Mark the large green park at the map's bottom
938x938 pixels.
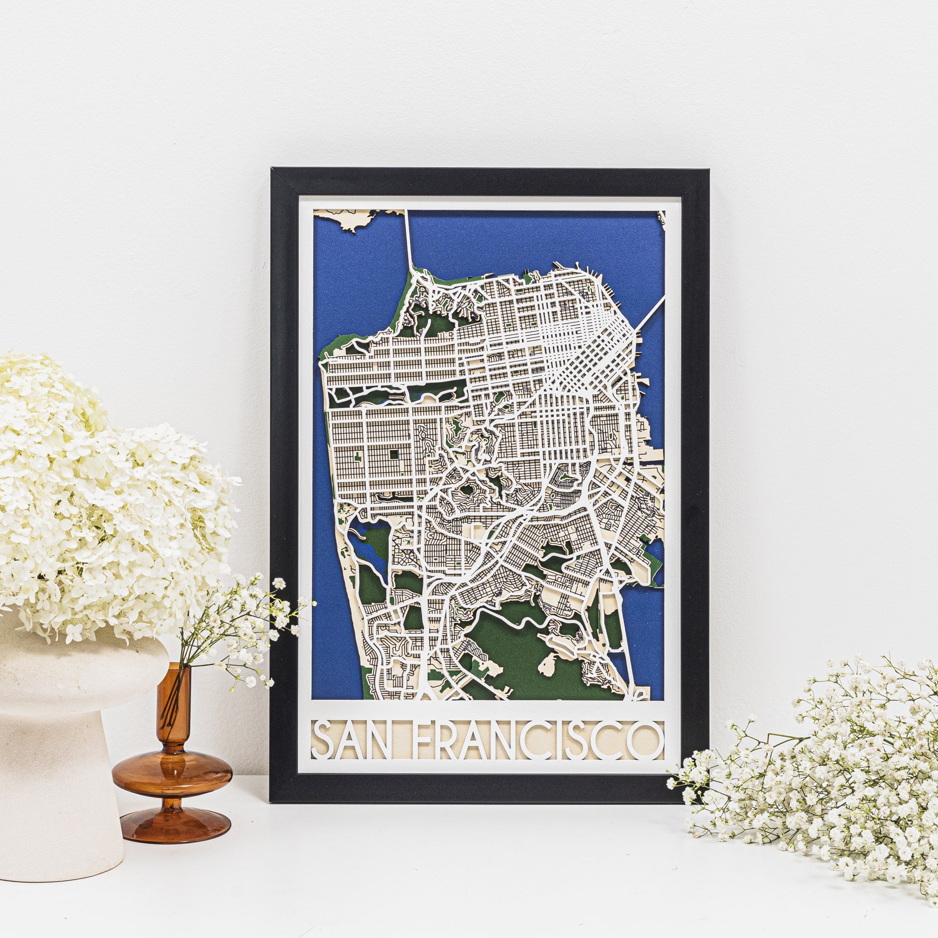click(505, 636)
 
